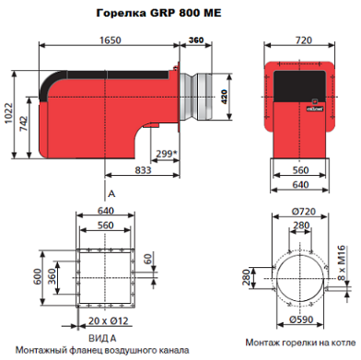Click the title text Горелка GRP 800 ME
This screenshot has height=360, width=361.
click(158, 13)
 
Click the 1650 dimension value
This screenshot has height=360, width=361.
click(111, 41)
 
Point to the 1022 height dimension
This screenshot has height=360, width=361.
click(8, 113)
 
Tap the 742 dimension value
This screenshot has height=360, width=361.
click(23, 123)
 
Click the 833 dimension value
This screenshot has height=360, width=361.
click(143, 170)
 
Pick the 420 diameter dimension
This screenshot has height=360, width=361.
click(224, 97)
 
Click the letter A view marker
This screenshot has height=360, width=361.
click(111, 193)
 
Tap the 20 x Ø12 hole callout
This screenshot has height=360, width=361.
click(109, 320)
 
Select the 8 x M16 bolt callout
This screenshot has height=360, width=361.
click(341, 262)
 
